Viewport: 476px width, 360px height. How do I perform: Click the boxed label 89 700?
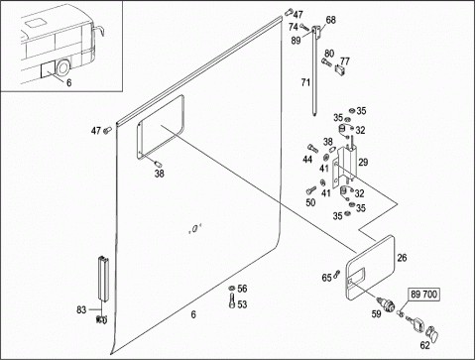point(424,295)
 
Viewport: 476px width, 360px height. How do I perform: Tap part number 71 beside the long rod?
point(305,82)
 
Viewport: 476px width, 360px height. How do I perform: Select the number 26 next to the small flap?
point(402,258)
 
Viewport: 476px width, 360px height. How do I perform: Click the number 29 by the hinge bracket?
point(363,163)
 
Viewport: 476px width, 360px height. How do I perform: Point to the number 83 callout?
point(81,309)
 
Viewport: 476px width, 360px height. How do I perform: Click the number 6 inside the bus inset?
point(68,82)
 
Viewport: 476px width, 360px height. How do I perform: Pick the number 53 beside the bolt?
point(242,304)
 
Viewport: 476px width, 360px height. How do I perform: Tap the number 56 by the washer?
point(242,289)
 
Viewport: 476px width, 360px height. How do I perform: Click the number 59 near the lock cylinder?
point(376,314)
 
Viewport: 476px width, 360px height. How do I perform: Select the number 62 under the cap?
point(424,345)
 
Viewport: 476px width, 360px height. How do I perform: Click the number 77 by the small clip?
point(345,61)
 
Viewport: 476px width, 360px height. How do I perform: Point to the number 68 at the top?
point(330,20)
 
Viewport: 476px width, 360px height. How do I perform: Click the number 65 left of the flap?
point(326,278)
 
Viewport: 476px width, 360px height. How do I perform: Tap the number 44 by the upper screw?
point(307,160)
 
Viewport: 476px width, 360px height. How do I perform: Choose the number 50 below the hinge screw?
point(310,202)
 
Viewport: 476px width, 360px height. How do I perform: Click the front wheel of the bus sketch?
point(62,67)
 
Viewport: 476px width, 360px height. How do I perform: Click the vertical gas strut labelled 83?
point(103,279)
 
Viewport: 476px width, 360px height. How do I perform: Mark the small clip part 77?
point(339,70)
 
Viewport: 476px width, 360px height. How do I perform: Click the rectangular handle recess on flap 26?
point(358,273)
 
